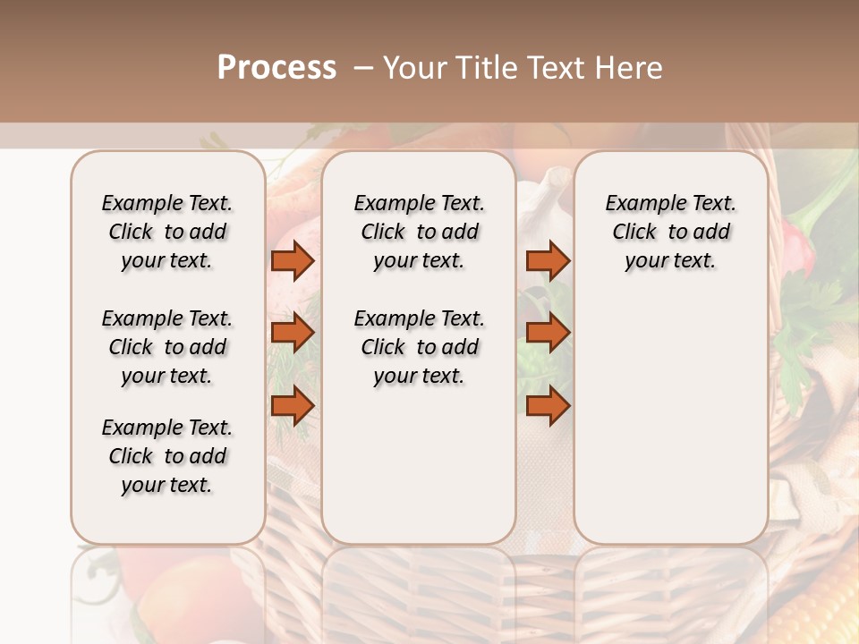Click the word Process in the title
click(276, 68)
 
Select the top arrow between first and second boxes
click(293, 260)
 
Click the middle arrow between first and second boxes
click(293, 333)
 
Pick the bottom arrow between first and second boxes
click(293, 405)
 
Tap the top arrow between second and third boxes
click(548, 260)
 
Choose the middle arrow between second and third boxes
click(548, 333)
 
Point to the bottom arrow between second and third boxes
click(548, 405)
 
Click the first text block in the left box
click(167, 232)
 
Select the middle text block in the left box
click(167, 347)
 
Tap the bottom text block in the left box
click(167, 456)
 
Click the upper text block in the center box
click(419, 232)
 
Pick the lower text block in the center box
click(419, 347)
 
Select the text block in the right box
click(670, 232)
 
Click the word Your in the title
click(416, 68)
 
